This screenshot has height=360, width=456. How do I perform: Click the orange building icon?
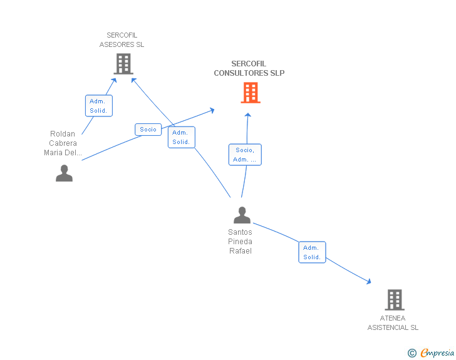[251, 93]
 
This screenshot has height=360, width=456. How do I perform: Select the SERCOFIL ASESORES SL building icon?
[123, 64]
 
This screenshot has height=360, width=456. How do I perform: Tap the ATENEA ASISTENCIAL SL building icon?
[395, 300]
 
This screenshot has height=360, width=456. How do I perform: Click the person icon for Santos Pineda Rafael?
[242, 215]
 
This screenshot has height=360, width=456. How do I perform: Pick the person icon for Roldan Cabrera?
[65, 173]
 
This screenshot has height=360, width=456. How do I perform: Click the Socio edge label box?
[148, 130]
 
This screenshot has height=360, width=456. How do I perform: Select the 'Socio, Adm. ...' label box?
[245, 155]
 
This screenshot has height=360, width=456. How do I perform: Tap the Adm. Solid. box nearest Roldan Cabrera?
[99, 106]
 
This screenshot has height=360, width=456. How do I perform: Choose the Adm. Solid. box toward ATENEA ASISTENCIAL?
[312, 252]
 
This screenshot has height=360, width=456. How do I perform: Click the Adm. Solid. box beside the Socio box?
[182, 137]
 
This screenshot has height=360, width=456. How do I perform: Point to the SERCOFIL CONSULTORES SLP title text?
[249, 68]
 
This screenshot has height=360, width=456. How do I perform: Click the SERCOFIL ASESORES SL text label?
[122, 40]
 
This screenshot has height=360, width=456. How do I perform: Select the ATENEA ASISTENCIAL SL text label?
[393, 323]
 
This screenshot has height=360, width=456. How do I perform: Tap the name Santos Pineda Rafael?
[241, 242]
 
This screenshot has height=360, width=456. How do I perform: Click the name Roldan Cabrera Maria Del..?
[63, 143]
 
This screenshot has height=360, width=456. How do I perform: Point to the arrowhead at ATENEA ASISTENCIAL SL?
[369, 282]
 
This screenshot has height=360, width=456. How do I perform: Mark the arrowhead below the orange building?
[248, 115]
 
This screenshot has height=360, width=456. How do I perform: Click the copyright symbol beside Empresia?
[412, 353]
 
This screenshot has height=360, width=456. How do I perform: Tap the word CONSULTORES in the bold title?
[241, 73]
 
